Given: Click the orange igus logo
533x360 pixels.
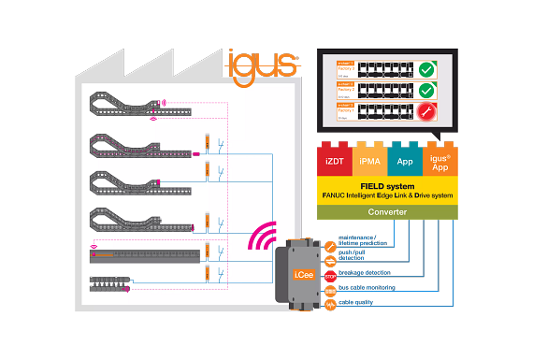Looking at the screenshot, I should coord(261,65).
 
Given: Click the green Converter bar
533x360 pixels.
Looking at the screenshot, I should coord(387,211).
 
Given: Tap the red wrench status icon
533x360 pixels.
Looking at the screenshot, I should coord(427,113).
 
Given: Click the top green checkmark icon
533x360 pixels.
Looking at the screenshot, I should coord(427,68).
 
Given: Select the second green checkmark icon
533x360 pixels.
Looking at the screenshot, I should coord(427,91).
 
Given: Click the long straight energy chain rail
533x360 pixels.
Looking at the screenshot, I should coord(145,255).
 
